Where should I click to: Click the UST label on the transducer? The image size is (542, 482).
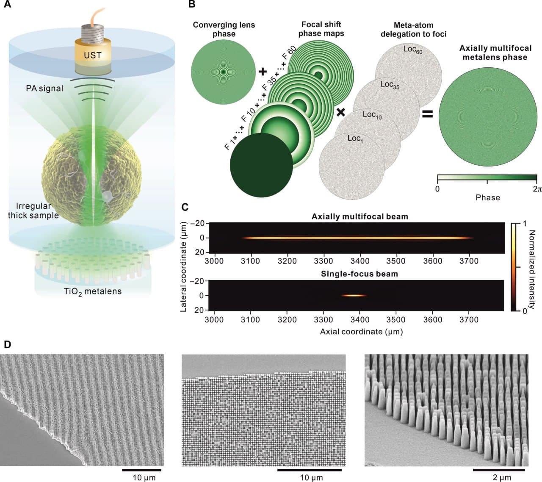92,55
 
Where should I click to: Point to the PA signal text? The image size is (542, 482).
44,89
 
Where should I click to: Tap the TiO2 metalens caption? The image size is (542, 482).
93,291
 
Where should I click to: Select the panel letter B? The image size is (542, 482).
191,5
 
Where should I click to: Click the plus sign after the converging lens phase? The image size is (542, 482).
263,72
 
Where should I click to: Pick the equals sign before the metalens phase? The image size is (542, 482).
428,114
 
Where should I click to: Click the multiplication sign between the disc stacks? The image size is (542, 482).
340,112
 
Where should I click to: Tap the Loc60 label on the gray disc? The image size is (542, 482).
412,50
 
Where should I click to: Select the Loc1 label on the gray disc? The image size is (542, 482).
355,139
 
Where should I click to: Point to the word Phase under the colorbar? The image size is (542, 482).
487,197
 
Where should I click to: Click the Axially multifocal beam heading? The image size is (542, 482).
359,216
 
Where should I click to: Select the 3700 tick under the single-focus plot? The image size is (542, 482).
469,320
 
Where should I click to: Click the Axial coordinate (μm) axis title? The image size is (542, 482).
361,331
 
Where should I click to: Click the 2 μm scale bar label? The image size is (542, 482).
502,478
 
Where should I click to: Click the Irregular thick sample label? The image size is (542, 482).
33,211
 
